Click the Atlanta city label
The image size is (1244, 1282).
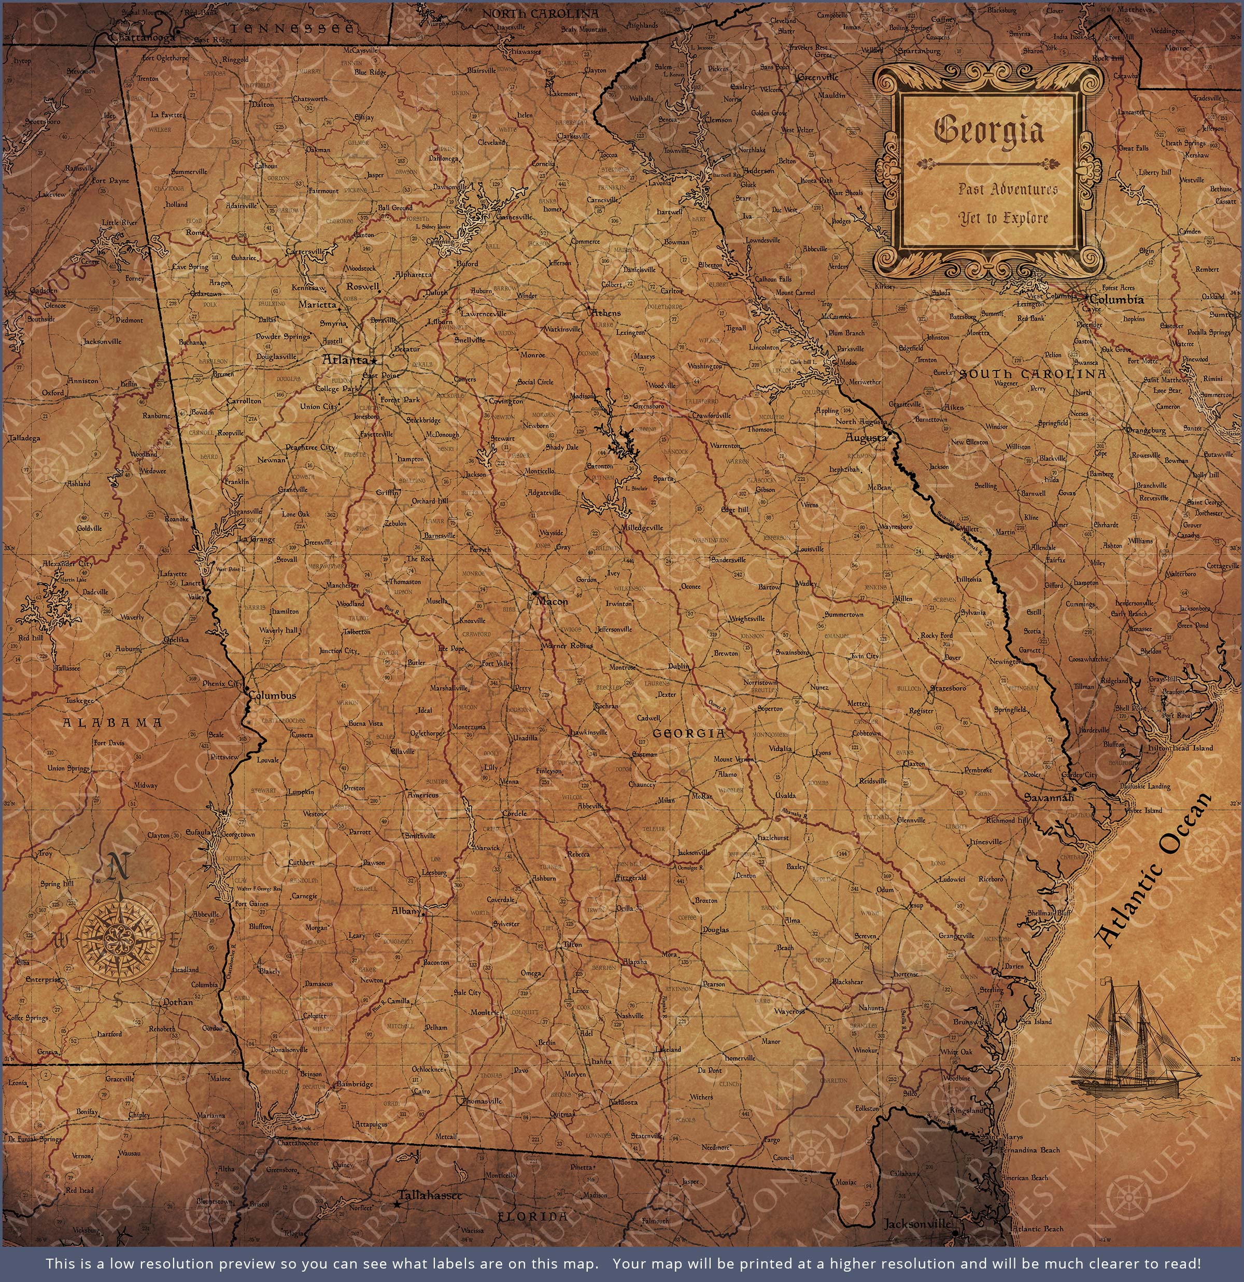[x=345, y=360]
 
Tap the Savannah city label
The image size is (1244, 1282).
[x=1049, y=798]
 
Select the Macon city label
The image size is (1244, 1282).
[x=552, y=601]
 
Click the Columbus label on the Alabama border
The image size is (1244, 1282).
[x=272, y=695]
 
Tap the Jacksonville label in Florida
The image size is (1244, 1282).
[x=917, y=1223]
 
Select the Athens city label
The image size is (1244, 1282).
[x=606, y=312]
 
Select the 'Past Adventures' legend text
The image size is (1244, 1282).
[x=1008, y=190]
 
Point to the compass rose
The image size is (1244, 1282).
[x=118, y=938]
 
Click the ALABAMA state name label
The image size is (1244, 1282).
[x=112, y=723]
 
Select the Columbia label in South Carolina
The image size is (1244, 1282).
[x=1117, y=300]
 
